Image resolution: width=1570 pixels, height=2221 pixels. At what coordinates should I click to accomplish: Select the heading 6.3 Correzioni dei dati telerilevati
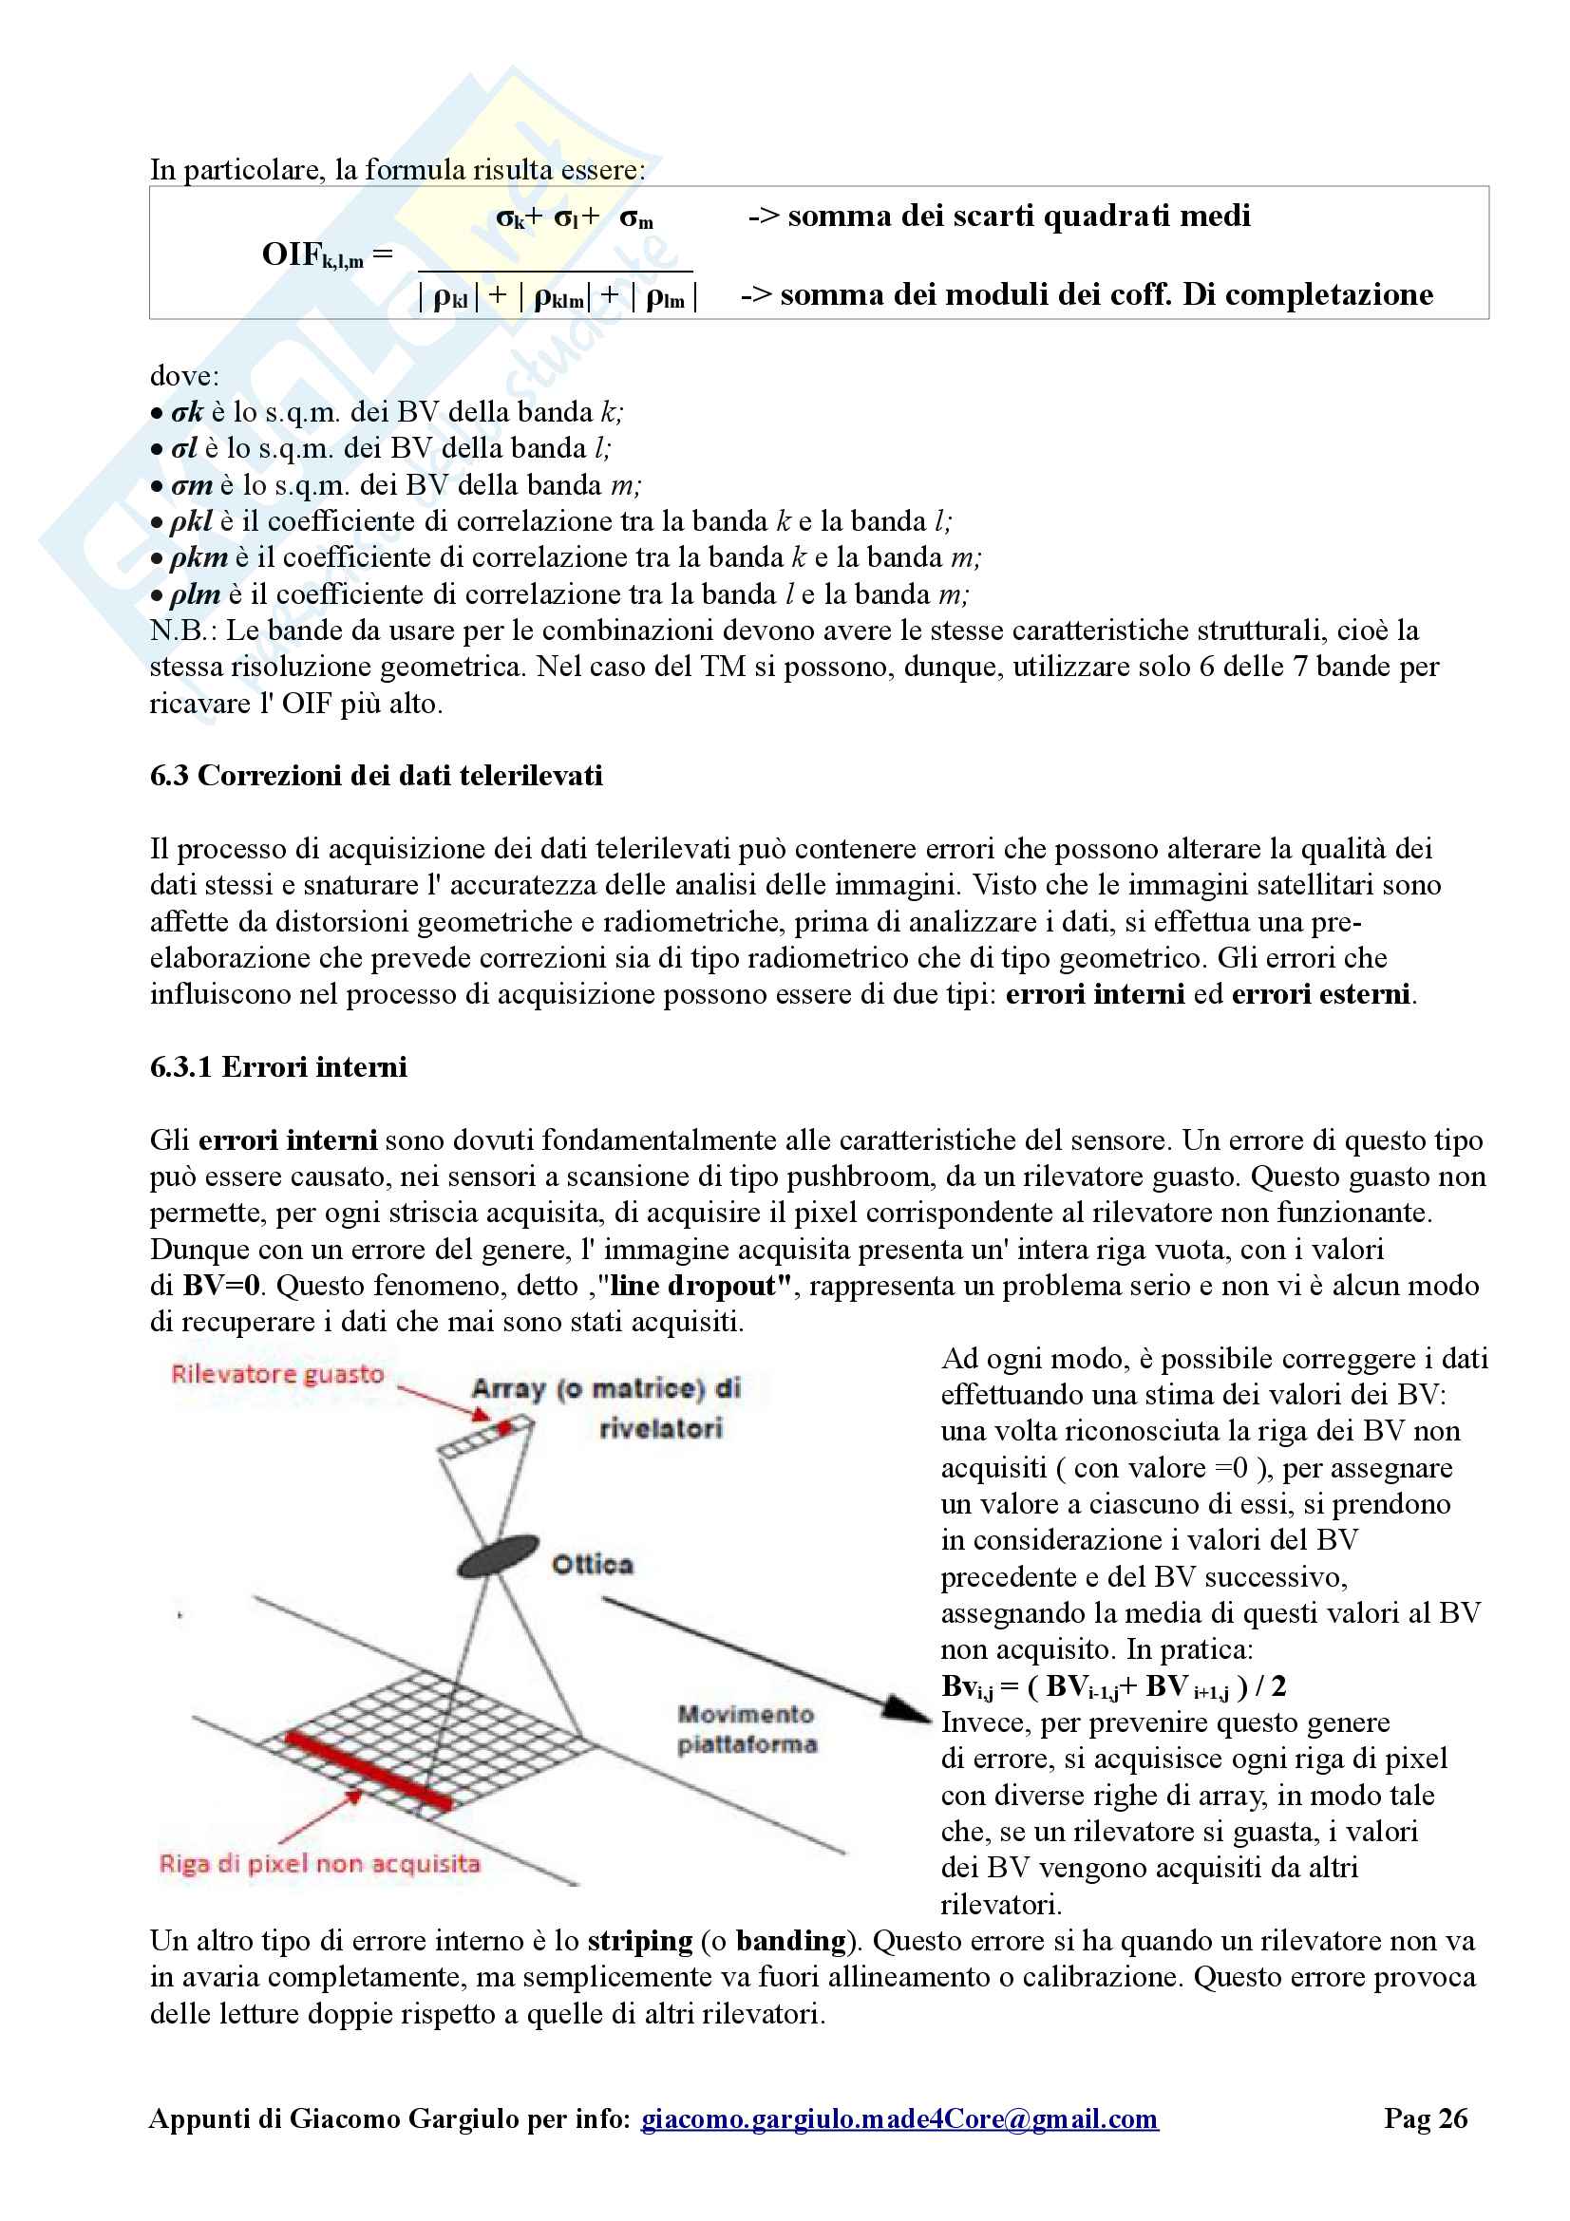(x=375, y=776)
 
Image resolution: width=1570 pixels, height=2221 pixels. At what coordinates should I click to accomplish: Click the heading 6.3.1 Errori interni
(x=277, y=1067)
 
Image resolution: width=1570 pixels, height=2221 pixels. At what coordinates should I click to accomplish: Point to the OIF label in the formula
(x=312, y=254)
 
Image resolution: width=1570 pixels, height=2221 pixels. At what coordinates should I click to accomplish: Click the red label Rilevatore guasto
(x=277, y=1374)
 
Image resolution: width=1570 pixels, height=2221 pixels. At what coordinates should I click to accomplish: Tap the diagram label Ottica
(x=592, y=1564)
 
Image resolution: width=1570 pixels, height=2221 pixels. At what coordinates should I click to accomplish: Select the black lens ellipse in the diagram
(x=499, y=1554)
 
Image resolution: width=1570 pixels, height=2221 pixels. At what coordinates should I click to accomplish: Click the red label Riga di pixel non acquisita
(x=319, y=1864)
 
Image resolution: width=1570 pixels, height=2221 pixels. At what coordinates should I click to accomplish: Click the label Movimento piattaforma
(x=747, y=1728)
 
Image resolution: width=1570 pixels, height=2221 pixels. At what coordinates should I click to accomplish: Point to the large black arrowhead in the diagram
(x=909, y=1710)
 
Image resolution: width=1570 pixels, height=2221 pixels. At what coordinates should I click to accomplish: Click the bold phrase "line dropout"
(x=700, y=1286)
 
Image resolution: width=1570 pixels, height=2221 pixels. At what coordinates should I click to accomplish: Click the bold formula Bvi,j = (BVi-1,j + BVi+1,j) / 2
(x=1113, y=1686)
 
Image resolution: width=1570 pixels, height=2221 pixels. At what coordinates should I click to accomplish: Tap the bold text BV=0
(x=221, y=1286)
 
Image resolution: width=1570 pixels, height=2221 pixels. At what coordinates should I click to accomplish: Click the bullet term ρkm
(x=199, y=558)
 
